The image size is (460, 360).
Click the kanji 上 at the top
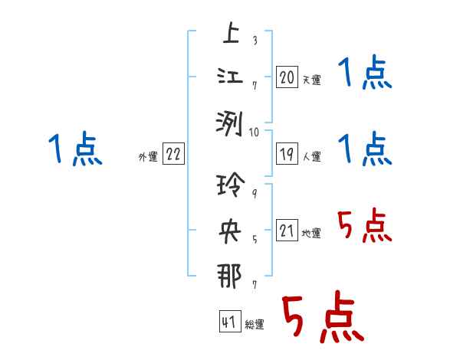(x=230, y=34)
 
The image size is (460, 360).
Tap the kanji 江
(x=230, y=77)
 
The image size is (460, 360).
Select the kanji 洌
(x=230, y=121)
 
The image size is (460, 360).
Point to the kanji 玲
(x=230, y=187)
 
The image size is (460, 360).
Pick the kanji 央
(x=230, y=231)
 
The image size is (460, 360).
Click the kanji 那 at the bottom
(x=230, y=275)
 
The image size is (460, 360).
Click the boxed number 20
(x=287, y=77)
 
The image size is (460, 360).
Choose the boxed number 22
(x=173, y=155)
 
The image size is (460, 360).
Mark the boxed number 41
(x=229, y=322)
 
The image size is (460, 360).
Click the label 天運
(x=311, y=80)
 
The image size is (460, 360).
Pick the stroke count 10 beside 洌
(x=255, y=132)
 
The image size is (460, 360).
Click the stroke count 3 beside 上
(x=254, y=41)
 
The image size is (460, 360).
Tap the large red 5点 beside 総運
(x=321, y=319)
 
